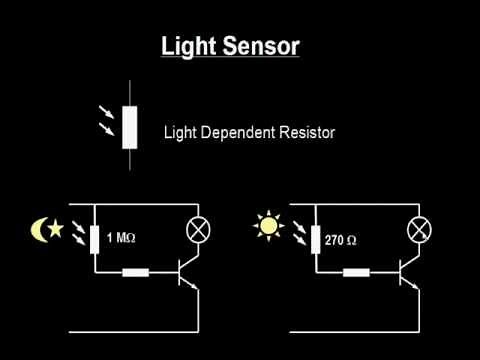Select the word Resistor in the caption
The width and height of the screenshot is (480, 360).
[307, 131]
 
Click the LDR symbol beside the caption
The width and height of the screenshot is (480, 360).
[129, 128]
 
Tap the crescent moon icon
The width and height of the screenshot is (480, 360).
[39, 231]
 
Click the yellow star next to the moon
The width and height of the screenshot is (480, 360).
[56, 229]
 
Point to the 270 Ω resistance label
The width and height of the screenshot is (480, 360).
[341, 241]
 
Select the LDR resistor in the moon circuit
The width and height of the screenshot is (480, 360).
[93, 240]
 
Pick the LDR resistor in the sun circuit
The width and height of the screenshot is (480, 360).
[313, 240]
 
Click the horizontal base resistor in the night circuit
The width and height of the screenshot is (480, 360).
[136, 270]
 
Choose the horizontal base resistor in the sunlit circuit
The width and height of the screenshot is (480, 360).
[357, 270]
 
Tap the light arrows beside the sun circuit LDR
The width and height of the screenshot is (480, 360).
[298, 236]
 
